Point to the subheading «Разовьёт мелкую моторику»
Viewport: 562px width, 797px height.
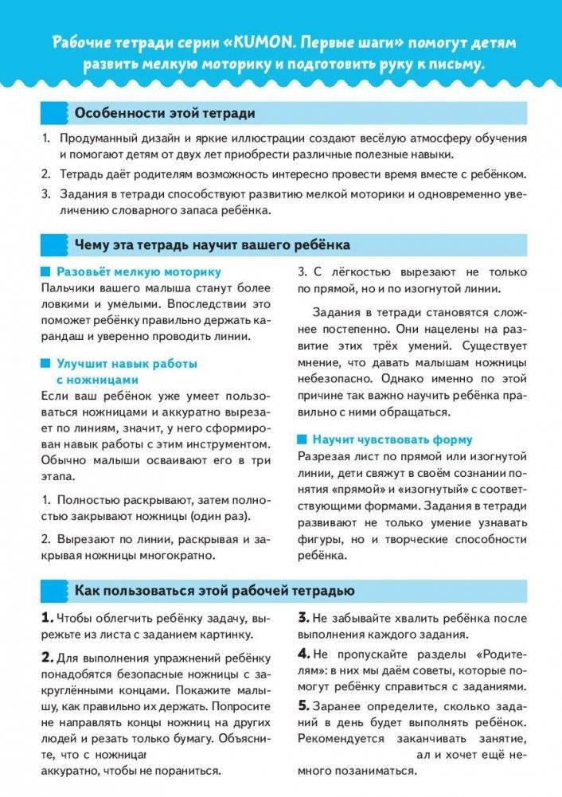[x=139, y=272]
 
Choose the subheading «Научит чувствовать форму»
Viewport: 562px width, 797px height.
[x=404, y=440]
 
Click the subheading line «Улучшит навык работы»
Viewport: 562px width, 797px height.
[x=127, y=364]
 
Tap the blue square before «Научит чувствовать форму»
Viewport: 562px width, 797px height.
[x=302, y=440]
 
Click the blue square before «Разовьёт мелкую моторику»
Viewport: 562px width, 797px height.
[x=46, y=272]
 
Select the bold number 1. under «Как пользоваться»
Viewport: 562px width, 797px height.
[x=47, y=618]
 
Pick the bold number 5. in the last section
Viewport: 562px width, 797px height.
[x=303, y=705]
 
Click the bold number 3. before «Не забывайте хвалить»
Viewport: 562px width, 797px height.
[x=303, y=618]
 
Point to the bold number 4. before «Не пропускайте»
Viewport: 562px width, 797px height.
[x=304, y=653]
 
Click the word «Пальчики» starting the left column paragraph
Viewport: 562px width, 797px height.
[x=65, y=288]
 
